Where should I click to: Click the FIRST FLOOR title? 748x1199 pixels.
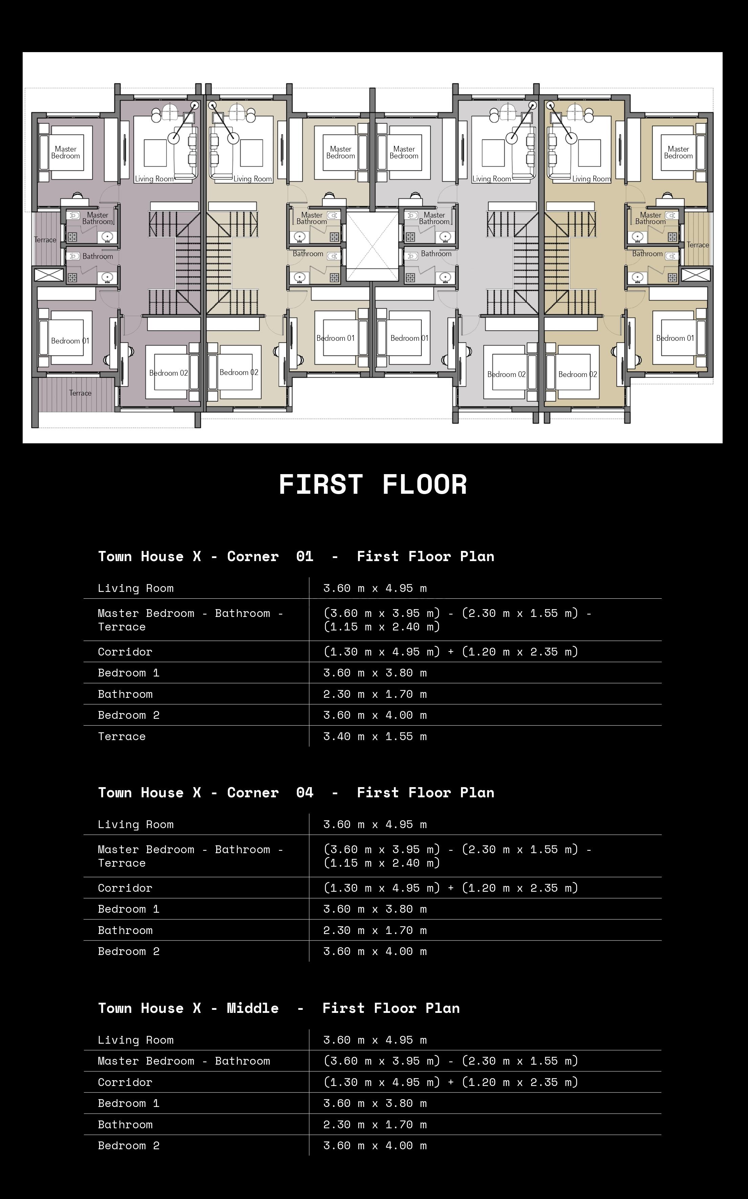373,484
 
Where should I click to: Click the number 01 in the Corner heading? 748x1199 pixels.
305,556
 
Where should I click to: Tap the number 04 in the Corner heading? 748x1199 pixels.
305,793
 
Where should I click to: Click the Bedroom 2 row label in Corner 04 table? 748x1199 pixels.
129,952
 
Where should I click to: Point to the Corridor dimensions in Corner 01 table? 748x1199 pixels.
451,652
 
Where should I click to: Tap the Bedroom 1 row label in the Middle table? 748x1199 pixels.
129,1104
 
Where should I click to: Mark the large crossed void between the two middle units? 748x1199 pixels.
372,246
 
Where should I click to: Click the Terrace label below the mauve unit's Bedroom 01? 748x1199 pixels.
80,393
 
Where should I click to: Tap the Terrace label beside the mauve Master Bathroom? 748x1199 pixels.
45,240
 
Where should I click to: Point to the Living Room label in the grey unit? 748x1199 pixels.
491,179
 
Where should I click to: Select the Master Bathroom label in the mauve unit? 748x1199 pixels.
97,218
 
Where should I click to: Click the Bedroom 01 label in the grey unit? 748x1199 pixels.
409,338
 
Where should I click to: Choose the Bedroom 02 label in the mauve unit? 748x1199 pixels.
169,373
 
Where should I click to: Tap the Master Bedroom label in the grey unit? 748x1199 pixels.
404,152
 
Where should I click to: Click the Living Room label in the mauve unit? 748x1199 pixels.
154,179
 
